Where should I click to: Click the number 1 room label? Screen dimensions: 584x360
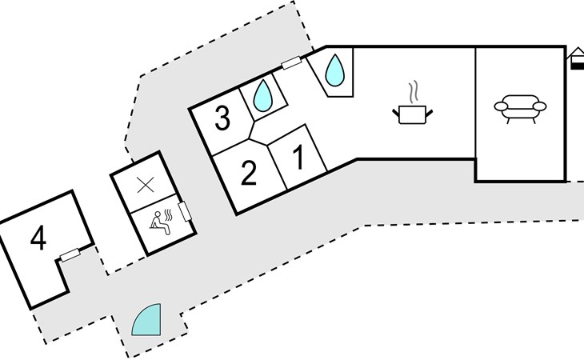pos(299,158)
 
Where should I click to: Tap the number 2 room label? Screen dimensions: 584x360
pos(249,172)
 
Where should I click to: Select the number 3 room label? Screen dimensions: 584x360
pos(222,118)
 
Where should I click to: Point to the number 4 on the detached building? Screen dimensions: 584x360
pos(38,238)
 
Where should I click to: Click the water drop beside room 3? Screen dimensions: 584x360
pos(262,95)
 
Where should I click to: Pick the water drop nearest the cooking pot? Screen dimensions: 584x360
pos(335,70)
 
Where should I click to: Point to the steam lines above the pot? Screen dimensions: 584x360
pos(413,93)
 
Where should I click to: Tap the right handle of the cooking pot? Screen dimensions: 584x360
pos(430,112)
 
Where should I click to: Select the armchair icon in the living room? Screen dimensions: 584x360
pos(520,109)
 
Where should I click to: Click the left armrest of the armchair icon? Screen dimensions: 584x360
pos(501,107)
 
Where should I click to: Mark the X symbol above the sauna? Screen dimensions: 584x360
pos(146,185)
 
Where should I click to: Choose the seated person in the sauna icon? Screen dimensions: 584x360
pos(161,223)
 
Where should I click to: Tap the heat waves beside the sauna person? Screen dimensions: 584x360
pos(169,215)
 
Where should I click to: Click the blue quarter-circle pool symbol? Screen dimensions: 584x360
pos(146,320)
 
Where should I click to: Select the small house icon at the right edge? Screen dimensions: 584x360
pos(576,58)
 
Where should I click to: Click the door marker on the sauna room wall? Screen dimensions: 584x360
pos(185,211)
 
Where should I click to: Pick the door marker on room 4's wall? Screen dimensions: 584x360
pos(70,255)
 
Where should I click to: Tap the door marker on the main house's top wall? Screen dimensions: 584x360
pos(291,62)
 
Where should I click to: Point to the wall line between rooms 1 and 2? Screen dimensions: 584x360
pos(277,166)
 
